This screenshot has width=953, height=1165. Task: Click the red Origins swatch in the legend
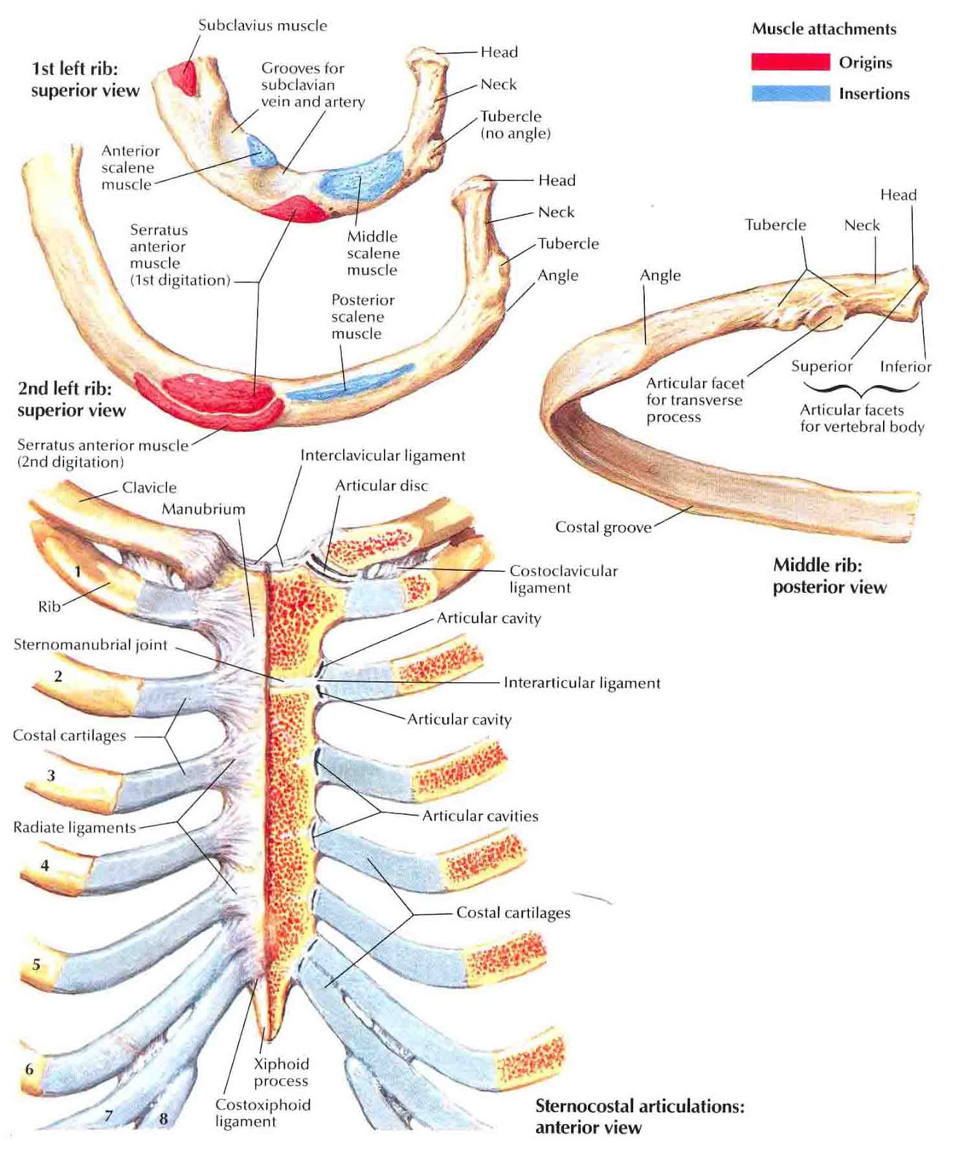(x=791, y=62)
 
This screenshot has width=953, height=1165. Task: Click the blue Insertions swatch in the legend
(x=791, y=93)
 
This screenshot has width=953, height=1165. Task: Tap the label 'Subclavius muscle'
(x=262, y=25)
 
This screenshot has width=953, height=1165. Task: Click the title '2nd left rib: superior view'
(x=71, y=399)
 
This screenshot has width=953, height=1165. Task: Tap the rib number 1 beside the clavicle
(x=78, y=572)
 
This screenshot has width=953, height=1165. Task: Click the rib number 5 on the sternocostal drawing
(x=36, y=965)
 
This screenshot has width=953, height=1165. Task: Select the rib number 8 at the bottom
(x=163, y=1118)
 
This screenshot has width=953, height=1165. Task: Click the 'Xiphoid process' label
(x=281, y=1073)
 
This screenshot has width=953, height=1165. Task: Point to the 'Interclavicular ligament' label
(x=383, y=456)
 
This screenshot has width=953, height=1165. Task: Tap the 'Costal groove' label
(x=603, y=527)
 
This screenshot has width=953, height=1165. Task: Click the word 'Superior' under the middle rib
(x=822, y=366)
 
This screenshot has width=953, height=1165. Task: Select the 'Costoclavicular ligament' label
(x=562, y=579)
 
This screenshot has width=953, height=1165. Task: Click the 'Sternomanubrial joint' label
(x=90, y=644)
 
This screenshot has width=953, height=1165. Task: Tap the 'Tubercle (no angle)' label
(x=514, y=125)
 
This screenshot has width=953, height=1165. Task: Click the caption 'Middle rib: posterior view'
(x=829, y=576)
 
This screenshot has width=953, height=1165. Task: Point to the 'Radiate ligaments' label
(x=74, y=828)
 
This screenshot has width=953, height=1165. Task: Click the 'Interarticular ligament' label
(x=581, y=683)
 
